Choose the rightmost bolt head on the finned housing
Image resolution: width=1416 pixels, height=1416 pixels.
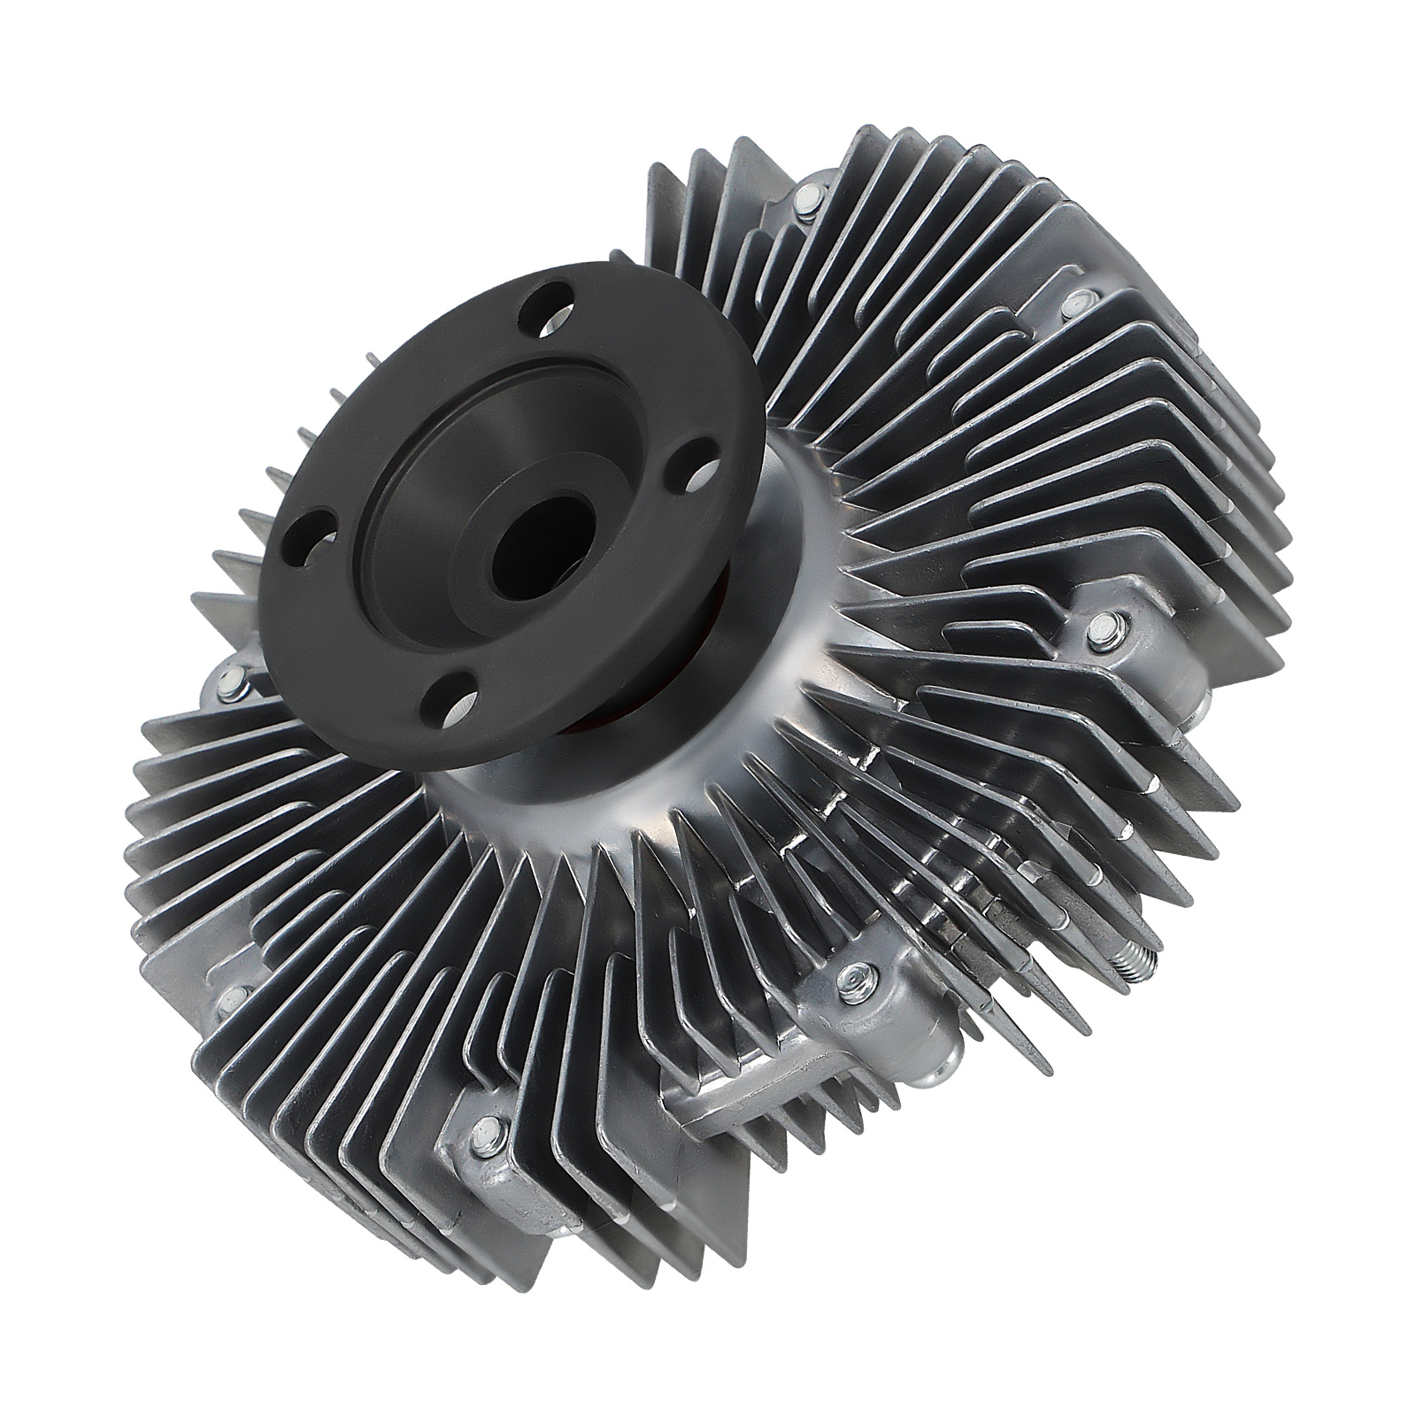[1098, 628]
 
